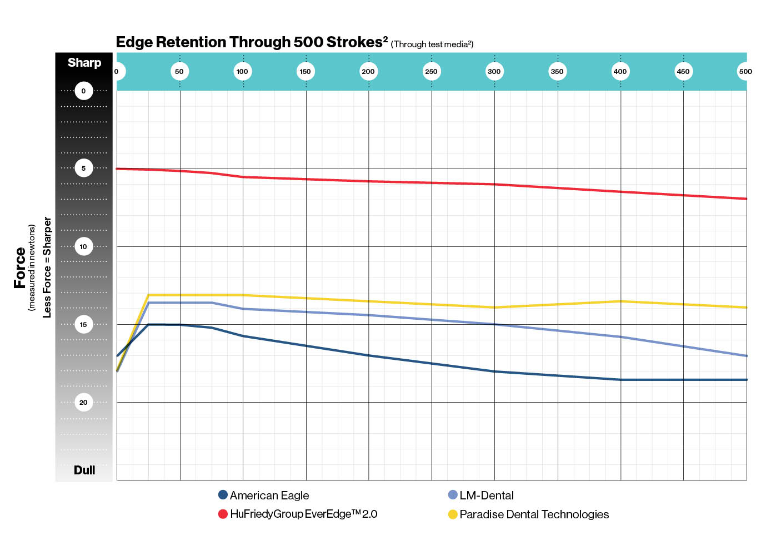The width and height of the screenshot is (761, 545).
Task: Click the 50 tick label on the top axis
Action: point(179,71)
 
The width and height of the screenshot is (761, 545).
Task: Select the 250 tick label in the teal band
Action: point(431,71)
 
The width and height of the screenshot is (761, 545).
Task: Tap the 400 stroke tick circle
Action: point(620,71)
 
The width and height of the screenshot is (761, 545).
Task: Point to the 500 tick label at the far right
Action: point(745,71)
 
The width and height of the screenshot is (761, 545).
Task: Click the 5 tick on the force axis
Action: point(84,169)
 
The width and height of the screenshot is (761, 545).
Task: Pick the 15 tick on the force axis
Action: point(84,324)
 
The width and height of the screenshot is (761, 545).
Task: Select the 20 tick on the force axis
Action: point(84,402)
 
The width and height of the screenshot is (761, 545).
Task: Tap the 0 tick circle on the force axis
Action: point(84,91)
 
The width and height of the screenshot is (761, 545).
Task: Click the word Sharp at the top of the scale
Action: point(84,63)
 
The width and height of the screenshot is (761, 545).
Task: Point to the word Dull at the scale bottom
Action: point(84,470)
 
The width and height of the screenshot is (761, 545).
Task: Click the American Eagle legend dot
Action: point(223,495)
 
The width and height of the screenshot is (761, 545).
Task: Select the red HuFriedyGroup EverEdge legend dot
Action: point(223,514)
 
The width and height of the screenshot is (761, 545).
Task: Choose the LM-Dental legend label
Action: point(486,496)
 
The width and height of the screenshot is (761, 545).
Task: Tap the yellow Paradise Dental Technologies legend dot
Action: point(453,514)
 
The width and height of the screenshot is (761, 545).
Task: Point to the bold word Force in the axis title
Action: point(20,267)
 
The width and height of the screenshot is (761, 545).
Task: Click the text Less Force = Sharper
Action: point(47,267)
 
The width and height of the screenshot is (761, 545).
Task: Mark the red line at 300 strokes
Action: point(494,184)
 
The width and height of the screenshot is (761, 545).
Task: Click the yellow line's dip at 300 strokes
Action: point(494,308)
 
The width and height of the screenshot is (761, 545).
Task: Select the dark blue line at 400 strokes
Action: point(620,380)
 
